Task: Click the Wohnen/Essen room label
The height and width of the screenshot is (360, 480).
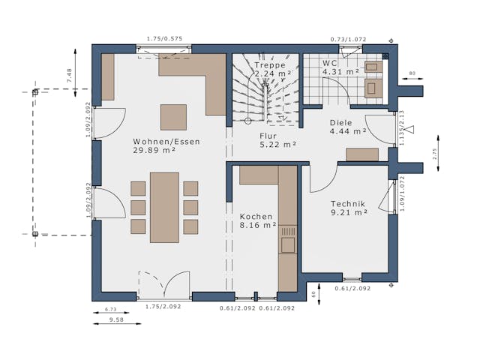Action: click(154, 141)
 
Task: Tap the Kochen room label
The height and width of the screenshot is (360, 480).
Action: click(256, 216)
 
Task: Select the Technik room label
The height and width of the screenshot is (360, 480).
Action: click(348, 203)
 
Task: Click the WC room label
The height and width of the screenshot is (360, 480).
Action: click(330, 63)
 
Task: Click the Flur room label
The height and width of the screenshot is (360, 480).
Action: click(268, 136)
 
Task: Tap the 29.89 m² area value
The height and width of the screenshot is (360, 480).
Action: click(154, 150)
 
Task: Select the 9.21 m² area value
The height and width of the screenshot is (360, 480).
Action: click(349, 212)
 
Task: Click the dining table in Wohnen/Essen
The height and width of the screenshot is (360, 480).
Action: click(164, 207)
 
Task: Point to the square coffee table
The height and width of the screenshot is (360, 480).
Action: click(173, 117)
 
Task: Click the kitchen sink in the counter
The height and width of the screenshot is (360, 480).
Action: click(288, 244)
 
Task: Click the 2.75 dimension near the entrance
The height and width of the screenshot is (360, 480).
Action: click(433, 153)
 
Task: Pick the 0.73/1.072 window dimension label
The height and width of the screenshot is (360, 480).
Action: click(349, 39)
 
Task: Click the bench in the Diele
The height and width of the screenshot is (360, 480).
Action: click(362, 154)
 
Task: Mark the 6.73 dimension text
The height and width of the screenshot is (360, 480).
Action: click(110, 308)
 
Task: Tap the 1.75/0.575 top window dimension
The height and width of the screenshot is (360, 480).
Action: click(164, 38)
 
